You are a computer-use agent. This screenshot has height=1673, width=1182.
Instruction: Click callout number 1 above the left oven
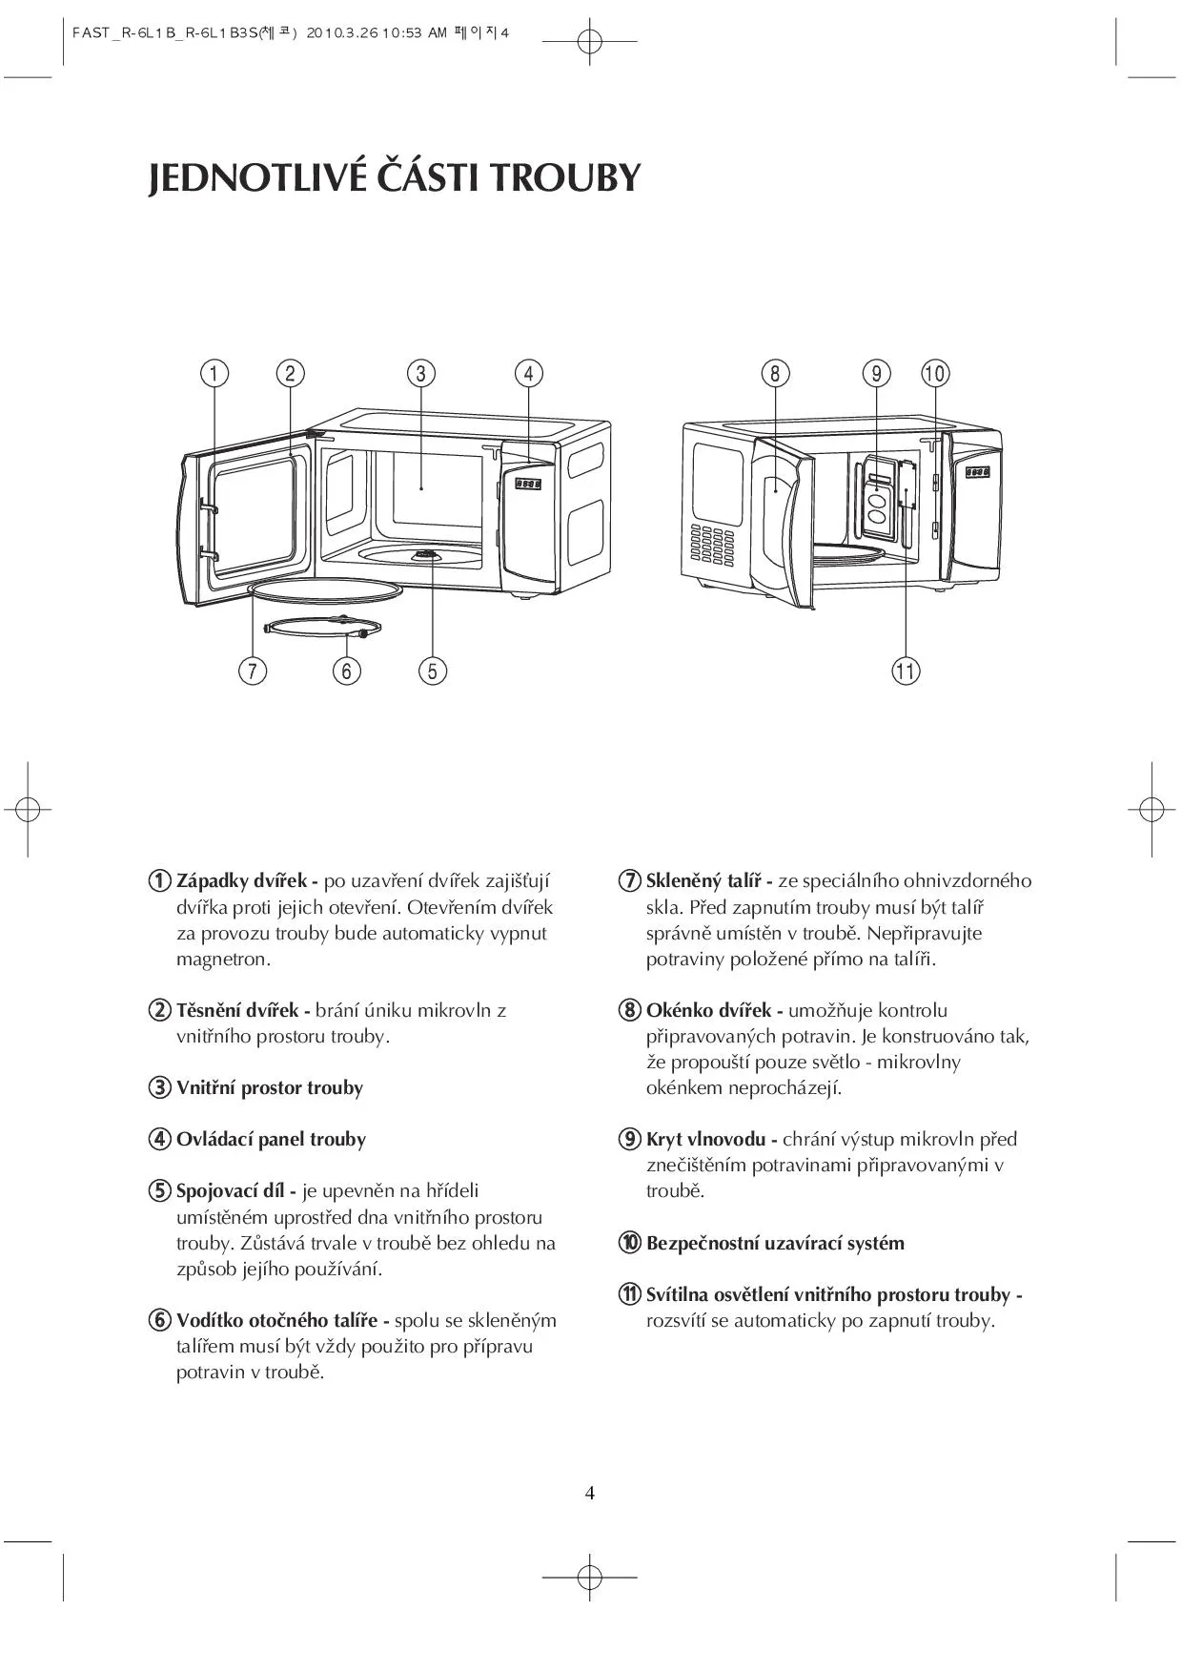point(214,373)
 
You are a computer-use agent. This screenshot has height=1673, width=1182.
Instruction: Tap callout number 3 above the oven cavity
point(421,373)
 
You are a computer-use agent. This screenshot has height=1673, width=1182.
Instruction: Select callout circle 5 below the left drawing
point(432,671)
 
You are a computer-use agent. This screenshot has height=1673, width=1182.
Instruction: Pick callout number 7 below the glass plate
point(252,671)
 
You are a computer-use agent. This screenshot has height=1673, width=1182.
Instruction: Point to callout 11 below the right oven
point(905,671)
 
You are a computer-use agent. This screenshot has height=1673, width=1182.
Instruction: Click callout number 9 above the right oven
point(876,373)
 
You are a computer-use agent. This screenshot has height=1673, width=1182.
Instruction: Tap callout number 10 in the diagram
point(935,373)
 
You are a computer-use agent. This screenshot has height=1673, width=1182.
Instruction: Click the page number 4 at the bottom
point(590,1493)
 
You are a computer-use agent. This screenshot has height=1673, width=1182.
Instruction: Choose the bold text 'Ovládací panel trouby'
point(271,1139)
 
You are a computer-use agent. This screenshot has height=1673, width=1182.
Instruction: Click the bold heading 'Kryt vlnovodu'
point(705,1139)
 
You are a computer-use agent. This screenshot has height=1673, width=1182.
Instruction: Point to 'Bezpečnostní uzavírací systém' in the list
point(775,1243)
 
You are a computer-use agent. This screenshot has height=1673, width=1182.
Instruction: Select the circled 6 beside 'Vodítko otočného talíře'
point(159,1320)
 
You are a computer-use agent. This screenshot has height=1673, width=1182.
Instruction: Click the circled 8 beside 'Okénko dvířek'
point(629,1009)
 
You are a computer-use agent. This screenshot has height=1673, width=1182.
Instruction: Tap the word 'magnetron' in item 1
point(221,959)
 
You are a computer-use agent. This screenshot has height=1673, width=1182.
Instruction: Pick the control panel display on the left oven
point(528,484)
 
